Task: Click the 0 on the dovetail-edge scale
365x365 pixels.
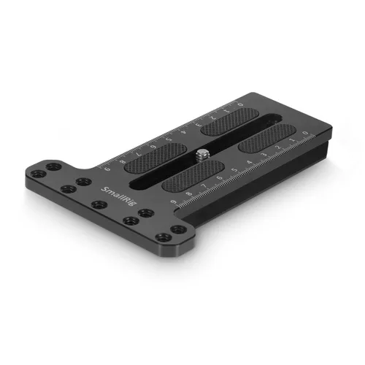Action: pos(306,132)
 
